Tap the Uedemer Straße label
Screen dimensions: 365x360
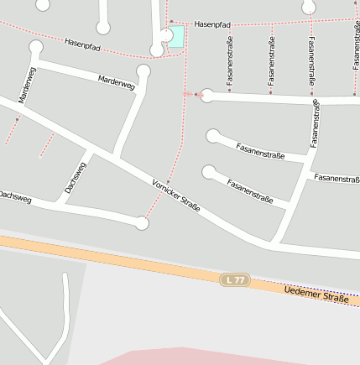coord(316,295)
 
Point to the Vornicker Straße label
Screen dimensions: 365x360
coord(176,195)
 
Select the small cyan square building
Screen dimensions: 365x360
coord(176,37)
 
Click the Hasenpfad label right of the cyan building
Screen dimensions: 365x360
coord(211,26)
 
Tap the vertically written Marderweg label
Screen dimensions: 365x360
coord(27,86)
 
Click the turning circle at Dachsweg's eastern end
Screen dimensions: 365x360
coord(142,223)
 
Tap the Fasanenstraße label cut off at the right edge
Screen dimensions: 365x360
coord(337,179)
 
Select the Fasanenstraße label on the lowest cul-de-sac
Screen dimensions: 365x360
coord(250,192)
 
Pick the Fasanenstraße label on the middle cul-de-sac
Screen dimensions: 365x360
coord(260,150)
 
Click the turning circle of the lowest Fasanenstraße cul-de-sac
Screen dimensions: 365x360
coord(209,173)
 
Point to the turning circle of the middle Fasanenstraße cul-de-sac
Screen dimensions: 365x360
coord(213,135)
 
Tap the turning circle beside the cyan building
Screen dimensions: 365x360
coord(157,51)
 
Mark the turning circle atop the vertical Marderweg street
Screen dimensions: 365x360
coord(35,47)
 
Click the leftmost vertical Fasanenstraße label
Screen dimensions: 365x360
coord(229,63)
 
